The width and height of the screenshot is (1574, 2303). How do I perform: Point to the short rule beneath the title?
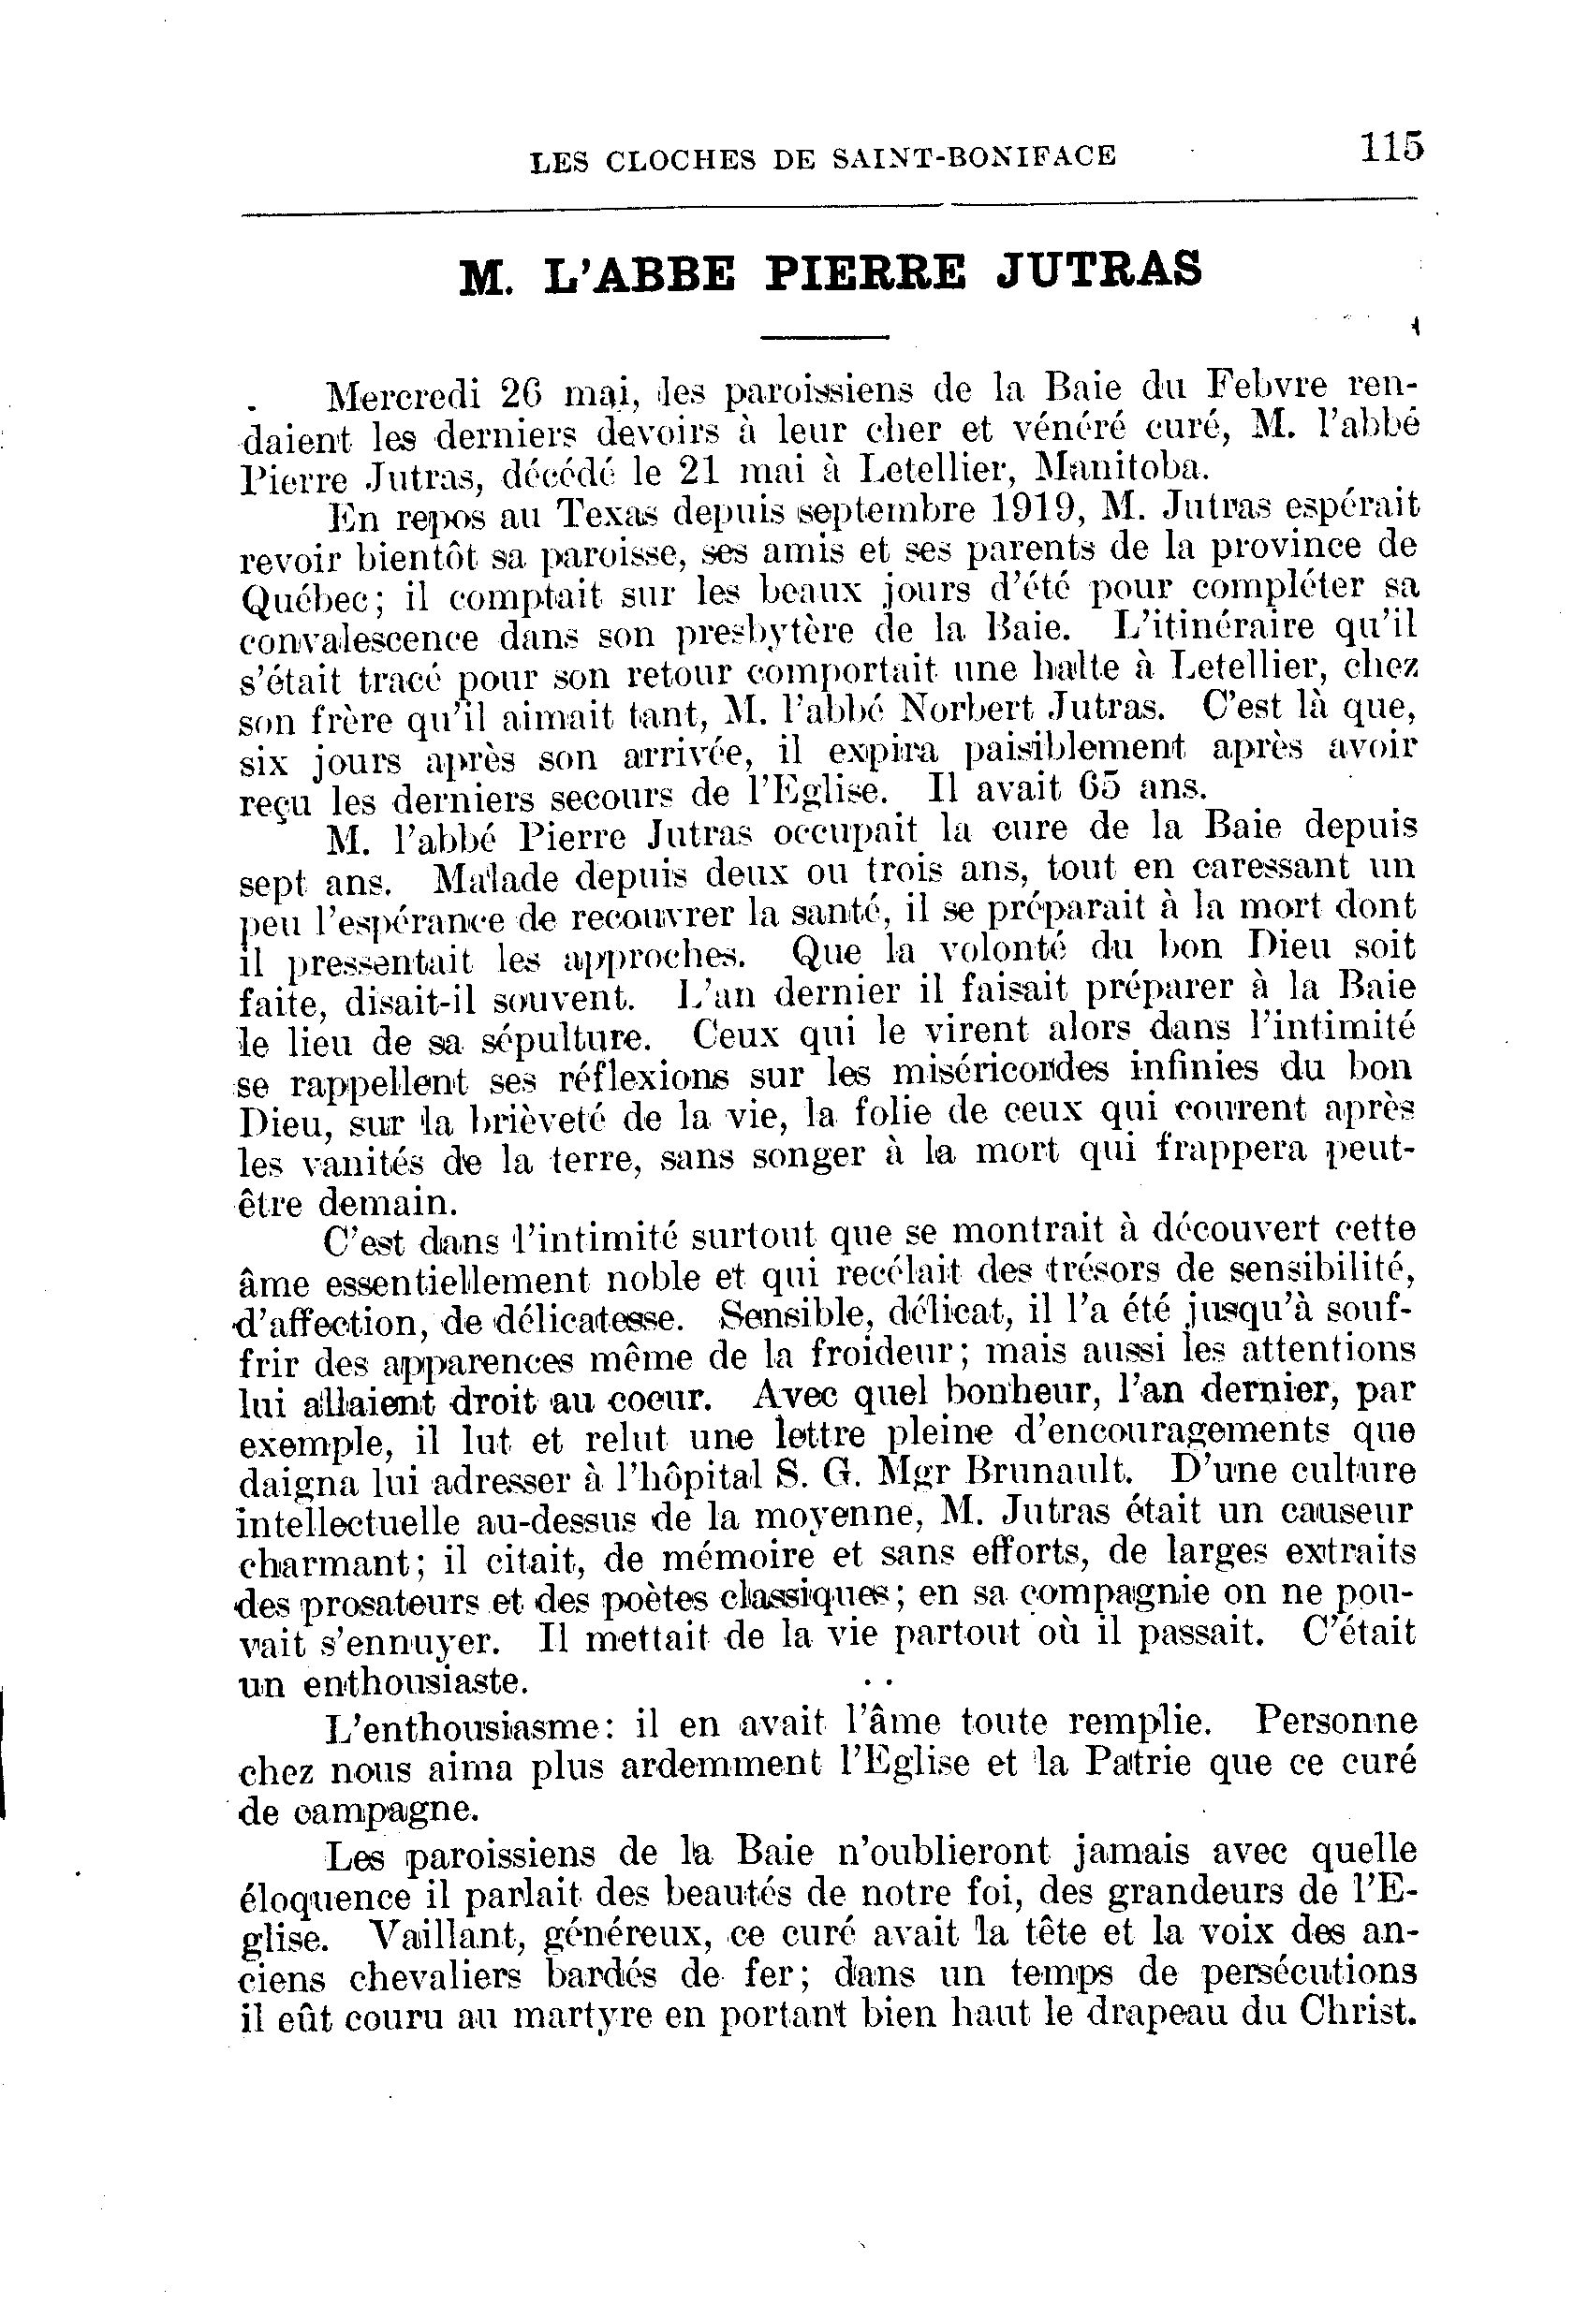(x=825, y=338)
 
